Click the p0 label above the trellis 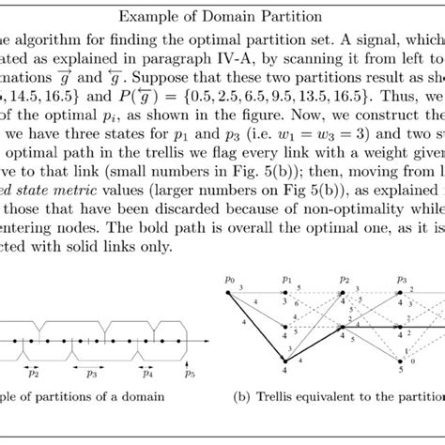(229, 279)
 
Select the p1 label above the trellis (286, 279)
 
